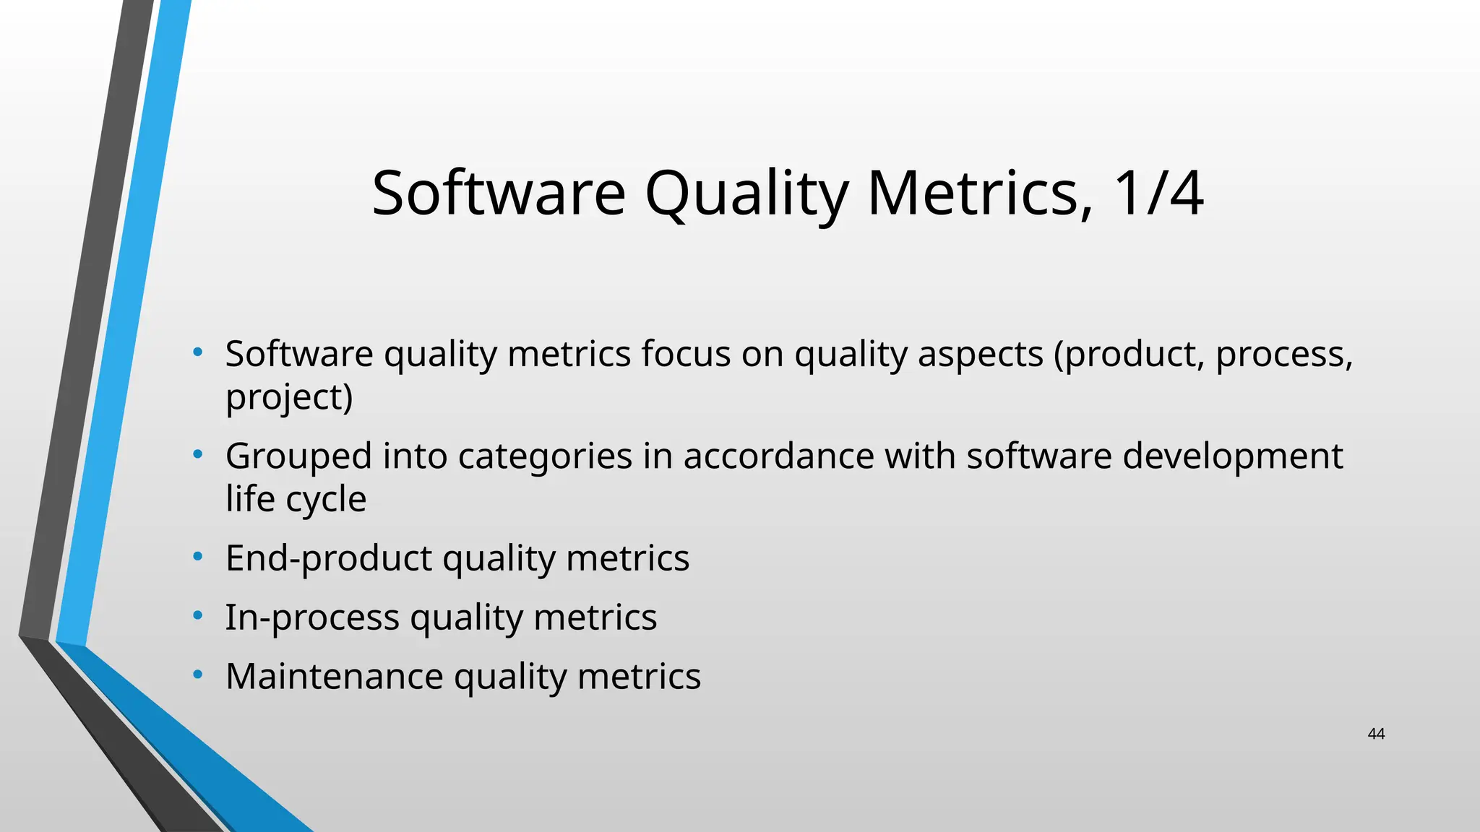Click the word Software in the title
(498, 193)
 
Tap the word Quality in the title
(747, 194)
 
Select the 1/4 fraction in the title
(1158, 193)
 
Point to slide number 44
(1376, 734)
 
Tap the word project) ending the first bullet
(289, 397)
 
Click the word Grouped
(298, 457)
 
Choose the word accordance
(778, 456)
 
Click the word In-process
(312, 618)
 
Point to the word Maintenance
(335, 677)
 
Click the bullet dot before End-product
(197, 557)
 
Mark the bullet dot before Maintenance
(197, 675)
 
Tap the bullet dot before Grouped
(197, 455)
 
